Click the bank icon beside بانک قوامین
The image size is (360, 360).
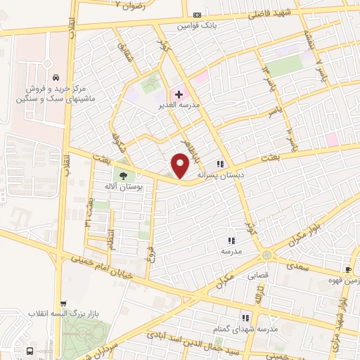point(196,15)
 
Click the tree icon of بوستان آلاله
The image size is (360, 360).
point(124,176)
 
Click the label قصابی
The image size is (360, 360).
point(257,276)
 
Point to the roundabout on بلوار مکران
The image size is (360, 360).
point(266,255)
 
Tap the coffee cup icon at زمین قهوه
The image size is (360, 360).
point(348,269)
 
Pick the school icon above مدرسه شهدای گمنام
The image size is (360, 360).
point(245,316)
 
